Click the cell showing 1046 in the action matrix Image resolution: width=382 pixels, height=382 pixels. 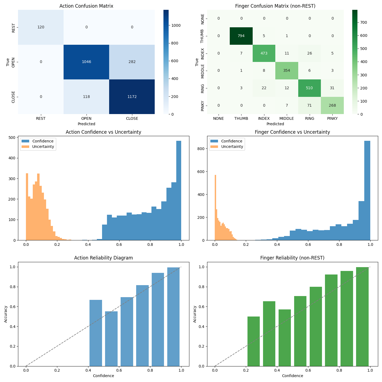tap(86, 62)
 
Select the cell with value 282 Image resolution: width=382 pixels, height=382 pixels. tap(132, 62)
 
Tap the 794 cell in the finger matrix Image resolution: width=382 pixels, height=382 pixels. tap(241, 36)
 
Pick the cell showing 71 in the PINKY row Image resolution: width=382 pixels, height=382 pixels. tap(309, 105)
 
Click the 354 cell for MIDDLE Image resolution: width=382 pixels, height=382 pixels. tap(287, 71)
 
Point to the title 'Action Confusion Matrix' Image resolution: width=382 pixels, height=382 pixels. tap(86, 6)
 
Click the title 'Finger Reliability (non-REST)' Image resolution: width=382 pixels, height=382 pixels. tap(292, 258)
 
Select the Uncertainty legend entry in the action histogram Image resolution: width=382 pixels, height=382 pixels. tap(43, 147)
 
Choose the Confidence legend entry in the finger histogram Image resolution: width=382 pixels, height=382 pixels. tap(232, 141)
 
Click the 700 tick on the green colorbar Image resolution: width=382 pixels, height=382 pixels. tap(364, 22)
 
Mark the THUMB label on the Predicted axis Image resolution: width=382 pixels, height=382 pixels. tap(241, 118)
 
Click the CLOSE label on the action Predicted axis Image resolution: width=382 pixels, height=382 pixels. tap(132, 118)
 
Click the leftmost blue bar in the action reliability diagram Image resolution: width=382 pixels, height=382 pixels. tap(96, 333)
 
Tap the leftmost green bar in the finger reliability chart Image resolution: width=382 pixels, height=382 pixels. tap(253, 341)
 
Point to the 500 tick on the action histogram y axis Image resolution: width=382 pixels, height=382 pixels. tap(12, 138)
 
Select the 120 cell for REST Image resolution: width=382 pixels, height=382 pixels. tap(41, 27)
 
